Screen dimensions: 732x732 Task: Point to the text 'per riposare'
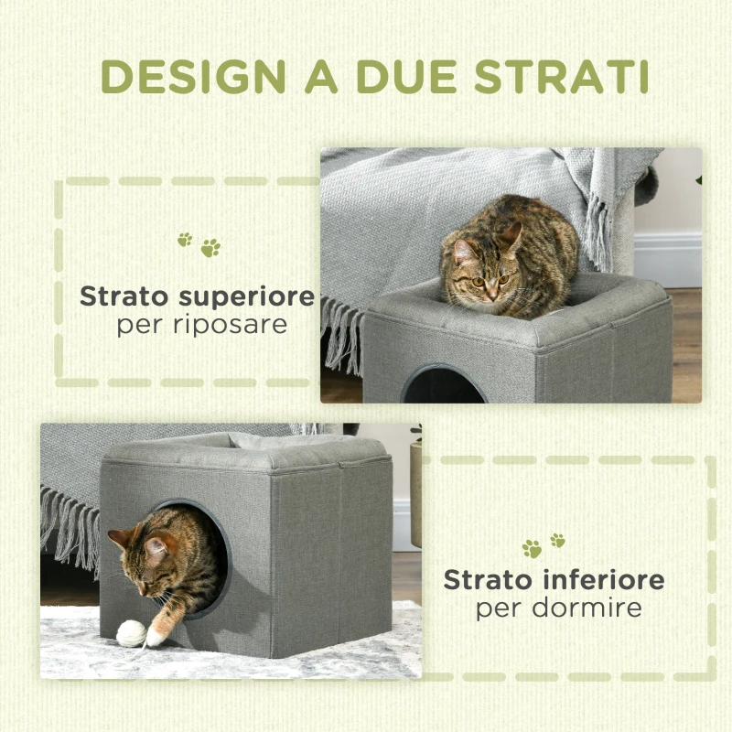pos(201,325)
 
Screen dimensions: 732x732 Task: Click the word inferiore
pos(605,580)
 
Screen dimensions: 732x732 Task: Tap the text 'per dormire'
pos(558,608)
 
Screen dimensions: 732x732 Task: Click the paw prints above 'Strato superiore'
pos(199,243)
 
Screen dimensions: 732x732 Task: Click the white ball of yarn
pos(131,633)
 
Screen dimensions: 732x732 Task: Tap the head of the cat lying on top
pos(481,270)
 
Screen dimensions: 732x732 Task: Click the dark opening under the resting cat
pos(444,386)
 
